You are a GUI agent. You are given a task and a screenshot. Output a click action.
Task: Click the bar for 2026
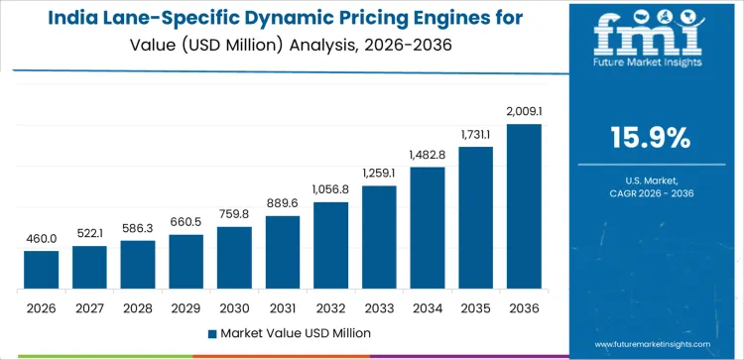tap(42, 270)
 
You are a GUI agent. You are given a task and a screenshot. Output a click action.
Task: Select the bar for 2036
tap(524, 206)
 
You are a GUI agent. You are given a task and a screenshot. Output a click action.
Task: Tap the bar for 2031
tap(283, 252)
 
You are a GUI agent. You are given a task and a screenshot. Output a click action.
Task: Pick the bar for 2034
tap(428, 227)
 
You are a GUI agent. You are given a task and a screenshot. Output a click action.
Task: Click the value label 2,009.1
tap(524, 111)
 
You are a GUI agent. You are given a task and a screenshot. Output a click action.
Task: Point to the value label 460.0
tap(42, 238)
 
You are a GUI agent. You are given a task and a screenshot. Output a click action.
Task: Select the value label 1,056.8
tap(331, 189)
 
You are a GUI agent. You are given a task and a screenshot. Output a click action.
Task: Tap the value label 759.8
tap(235, 214)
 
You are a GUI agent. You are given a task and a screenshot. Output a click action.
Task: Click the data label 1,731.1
tap(476, 134)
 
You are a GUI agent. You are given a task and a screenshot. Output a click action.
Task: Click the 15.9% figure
tap(651, 138)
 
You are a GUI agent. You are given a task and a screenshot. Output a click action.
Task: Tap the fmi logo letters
tap(650, 35)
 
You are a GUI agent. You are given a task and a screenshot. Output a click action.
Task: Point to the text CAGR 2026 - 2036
tap(651, 193)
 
